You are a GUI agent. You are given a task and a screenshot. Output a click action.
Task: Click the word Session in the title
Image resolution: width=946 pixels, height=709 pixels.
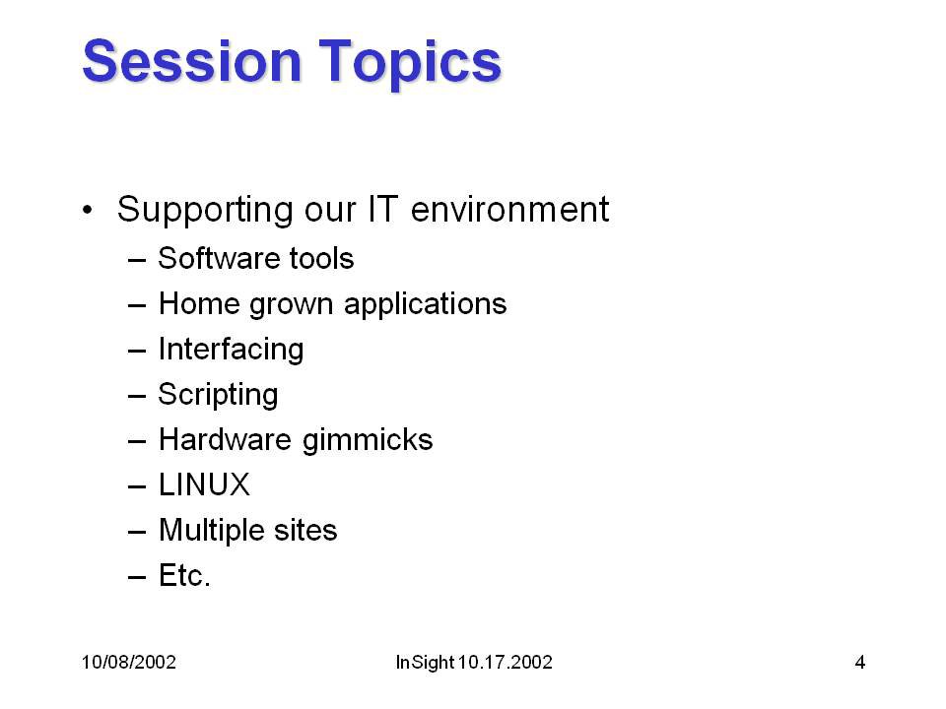192,60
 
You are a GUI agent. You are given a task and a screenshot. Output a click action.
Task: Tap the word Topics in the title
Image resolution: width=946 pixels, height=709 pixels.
410,64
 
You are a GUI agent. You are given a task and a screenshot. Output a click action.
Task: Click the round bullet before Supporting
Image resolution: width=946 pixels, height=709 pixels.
88,211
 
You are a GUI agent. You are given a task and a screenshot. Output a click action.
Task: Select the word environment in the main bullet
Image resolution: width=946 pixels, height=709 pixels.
509,209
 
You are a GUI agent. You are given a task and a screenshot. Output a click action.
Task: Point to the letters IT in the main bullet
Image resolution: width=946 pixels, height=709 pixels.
382,209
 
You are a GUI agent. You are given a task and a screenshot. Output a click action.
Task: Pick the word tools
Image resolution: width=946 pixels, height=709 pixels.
321,258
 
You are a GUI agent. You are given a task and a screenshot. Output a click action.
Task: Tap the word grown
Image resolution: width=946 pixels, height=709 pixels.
291,304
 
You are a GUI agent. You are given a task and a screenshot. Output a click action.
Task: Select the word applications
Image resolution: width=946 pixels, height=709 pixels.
426,304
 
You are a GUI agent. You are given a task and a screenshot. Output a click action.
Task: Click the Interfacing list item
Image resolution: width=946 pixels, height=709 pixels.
231,350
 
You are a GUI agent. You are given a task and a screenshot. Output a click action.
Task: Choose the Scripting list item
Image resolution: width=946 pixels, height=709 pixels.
218,395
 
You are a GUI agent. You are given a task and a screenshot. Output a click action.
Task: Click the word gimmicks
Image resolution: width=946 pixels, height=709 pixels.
368,440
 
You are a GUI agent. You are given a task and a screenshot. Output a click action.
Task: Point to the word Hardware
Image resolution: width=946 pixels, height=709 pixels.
225,439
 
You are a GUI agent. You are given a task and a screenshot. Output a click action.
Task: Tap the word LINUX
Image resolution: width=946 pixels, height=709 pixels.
204,484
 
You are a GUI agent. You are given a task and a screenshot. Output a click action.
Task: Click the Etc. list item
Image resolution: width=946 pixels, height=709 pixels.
184,575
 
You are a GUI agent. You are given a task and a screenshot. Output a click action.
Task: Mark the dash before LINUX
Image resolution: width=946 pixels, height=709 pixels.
137,485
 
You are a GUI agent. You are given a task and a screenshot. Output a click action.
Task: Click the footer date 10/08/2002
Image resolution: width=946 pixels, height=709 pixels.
128,662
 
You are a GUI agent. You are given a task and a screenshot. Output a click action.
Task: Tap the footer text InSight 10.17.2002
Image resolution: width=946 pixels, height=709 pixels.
474,662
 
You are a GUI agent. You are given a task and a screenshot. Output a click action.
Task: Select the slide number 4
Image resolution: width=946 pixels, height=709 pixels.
860,662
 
